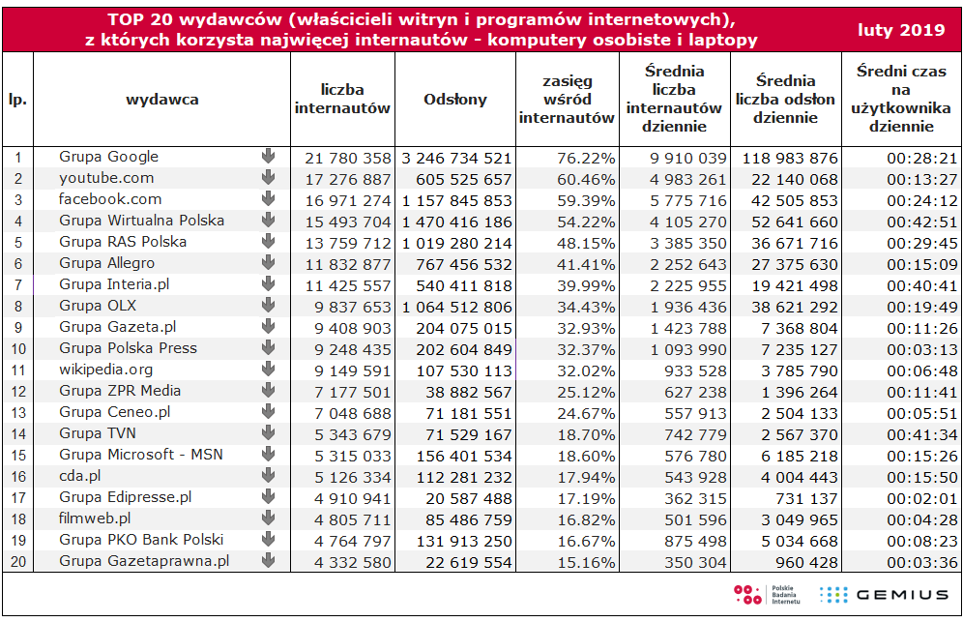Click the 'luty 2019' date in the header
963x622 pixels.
(x=901, y=29)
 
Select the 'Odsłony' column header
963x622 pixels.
(x=455, y=100)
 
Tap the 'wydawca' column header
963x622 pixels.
(x=162, y=100)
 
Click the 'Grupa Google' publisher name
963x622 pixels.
(x=108, y=157)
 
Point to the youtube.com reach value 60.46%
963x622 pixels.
(x=586, y=180)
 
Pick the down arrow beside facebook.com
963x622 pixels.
(x=268, y=198)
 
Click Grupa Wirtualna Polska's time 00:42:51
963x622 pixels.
(x=921, y=222)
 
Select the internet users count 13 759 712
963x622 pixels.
(x=348, y=244)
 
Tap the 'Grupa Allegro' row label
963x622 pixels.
(x=107, y=263)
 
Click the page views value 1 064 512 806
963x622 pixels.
(x=457, y=308)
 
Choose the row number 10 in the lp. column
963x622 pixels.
(x=18, y=349)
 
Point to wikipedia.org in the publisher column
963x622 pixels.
(x=105, y=370)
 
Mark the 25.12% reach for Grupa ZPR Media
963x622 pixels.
(x=586, y=392)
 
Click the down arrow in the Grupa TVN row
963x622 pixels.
(x=268, y=432)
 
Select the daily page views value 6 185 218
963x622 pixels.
(x=799, y=456)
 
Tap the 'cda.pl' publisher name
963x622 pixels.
(x=80, y=476)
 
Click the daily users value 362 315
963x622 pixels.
(x=695, y=498)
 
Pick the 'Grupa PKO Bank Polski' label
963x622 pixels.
(x=141, y=540)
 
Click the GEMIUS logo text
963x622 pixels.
(x=902, y=594)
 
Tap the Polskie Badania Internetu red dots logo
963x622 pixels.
(x=747, y=594)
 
